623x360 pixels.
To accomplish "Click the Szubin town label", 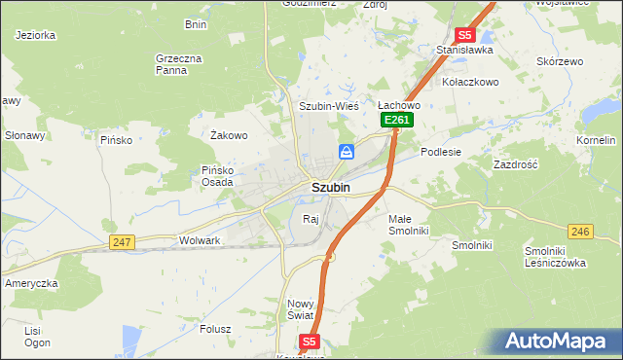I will [x=331, y=187].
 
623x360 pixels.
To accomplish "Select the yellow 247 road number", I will [x=122, y=241].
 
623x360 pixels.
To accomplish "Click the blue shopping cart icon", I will [x=347, y=152].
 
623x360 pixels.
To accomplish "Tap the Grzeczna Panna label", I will [x=178, y=64].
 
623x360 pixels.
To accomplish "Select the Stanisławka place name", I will [x=465, y=50].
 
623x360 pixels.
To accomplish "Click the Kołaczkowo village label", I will [x=470, y=82].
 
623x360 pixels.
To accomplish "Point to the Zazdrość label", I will [x=516, y=165].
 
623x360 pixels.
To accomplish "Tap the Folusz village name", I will [x=214, y=329].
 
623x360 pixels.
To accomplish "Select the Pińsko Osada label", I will [x=217, y=176].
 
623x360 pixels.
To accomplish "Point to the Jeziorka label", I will [x=35, y=34].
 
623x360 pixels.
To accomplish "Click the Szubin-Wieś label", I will [x=329, y=105].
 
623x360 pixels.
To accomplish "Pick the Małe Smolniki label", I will [x=408, y=226].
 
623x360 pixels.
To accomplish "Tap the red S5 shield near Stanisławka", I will [x=464, y=34].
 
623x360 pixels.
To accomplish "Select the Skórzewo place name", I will [x=560, y=61].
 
